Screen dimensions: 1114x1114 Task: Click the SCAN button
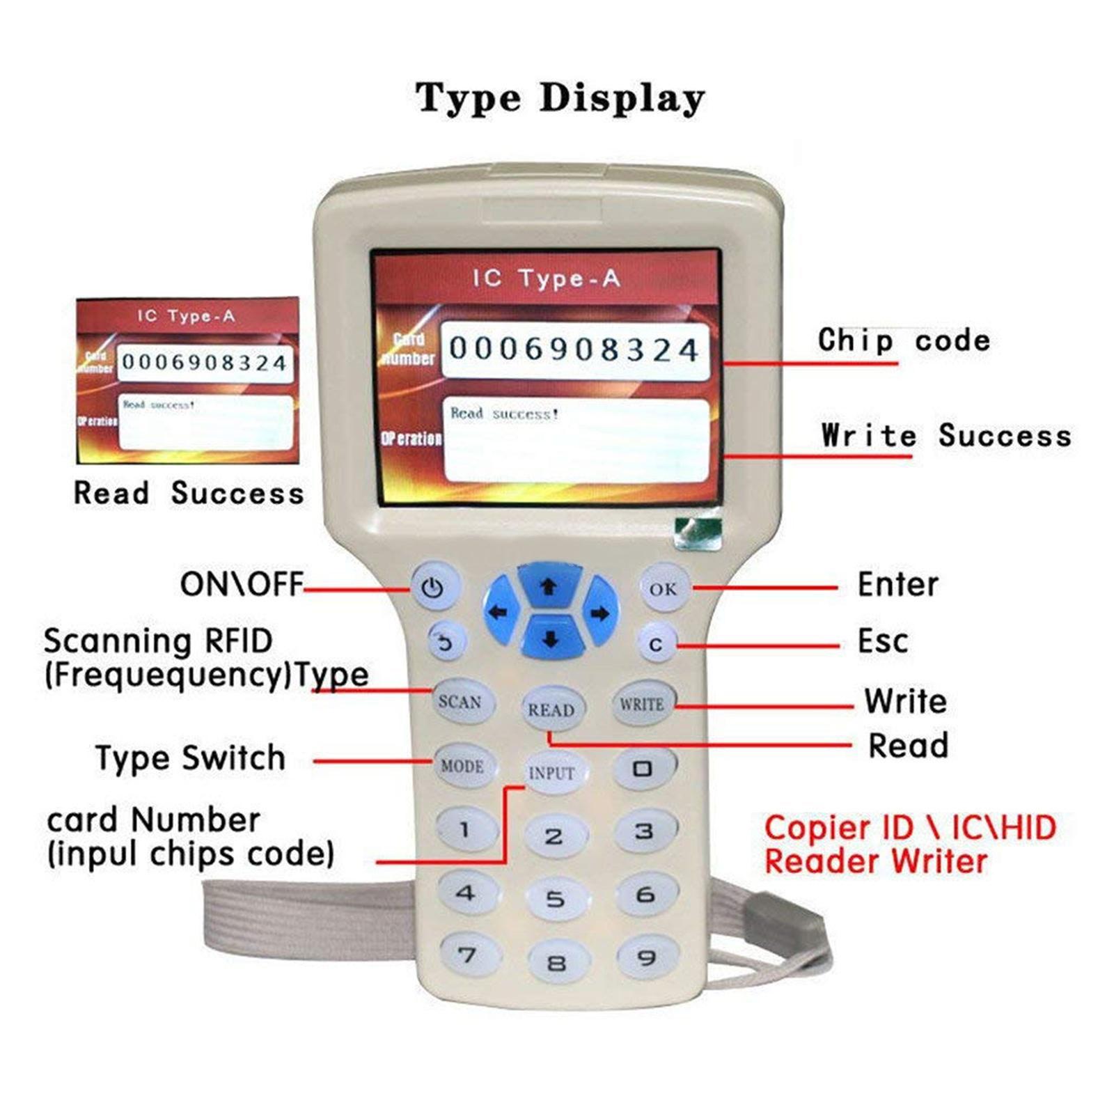coord(460,701)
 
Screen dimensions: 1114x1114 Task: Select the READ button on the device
coord(551,709)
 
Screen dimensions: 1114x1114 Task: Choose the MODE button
coord(462,766)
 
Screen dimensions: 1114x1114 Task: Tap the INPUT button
coord(552,773)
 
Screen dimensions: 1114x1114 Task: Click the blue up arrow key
coord(549,586)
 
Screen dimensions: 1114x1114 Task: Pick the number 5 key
coord(555,899)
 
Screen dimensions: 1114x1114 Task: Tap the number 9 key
coord(646,958)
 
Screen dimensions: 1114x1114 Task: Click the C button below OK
coord(655,645)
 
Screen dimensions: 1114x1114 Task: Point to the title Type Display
coord(560,97)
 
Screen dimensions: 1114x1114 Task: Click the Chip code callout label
coord(904,340)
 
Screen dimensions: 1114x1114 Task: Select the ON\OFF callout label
coord(242,584)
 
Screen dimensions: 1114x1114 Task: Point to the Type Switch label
coord(190,758)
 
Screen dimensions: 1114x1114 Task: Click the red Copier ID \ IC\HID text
coord(910,828)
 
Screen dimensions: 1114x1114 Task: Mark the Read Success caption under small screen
coord(189,493)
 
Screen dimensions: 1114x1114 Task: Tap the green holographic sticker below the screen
coord(698,534)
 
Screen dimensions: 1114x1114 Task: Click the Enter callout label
coord(897,584)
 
